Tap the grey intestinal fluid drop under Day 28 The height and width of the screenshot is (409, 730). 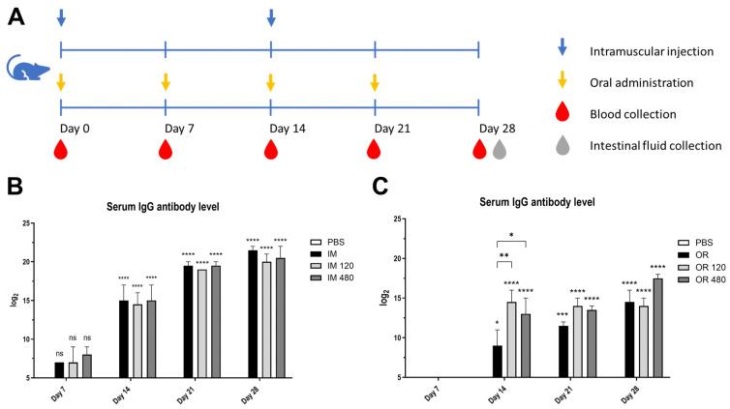[500, 149]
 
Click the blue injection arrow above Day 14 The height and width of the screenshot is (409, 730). [271, 17]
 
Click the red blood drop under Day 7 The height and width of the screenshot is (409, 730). [166, 149]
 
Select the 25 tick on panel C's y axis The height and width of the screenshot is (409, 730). [403, 219]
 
